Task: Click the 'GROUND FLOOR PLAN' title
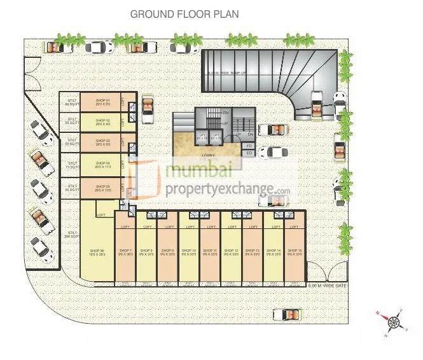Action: click(x=184, y=14)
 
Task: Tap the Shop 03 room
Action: click(x=103, y=142)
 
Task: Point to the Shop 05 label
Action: click(x=103, y=188)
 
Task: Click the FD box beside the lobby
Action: click(x=249, y=146)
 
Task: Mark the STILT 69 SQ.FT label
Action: click(x=72, y=102)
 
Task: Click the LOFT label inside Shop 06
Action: click(x=101, y=215)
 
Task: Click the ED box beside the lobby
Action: click(x=249, y=153)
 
